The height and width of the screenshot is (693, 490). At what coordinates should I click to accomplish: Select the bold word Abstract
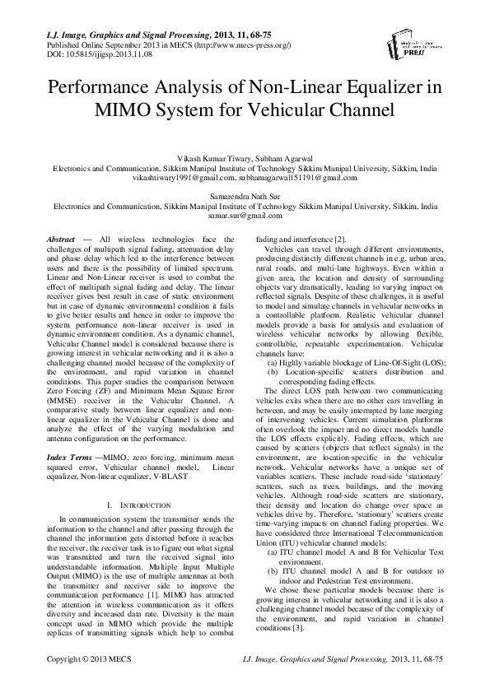[x=63, y=238]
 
